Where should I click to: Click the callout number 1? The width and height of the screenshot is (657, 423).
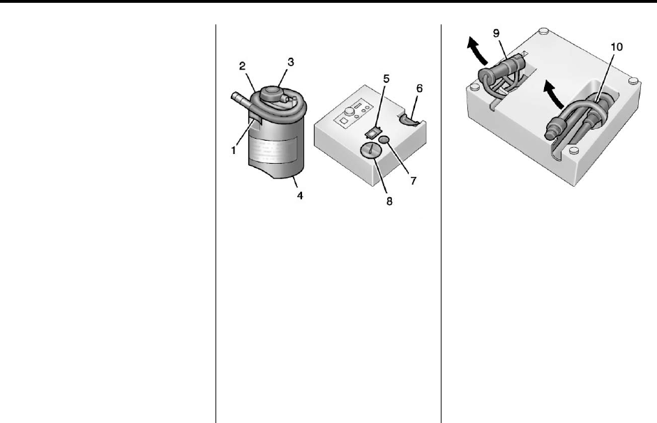tap(234, 151)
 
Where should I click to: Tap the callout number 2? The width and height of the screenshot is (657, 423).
tap(242, 66)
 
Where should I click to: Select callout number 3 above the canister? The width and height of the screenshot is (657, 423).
tap(291, 62)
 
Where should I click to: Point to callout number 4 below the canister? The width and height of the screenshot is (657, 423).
tap(300, 195)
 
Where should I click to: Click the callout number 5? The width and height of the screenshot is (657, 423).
tap(386, 79)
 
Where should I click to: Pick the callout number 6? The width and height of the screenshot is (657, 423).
tap(419, 89)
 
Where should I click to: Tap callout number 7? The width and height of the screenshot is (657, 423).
tap(414, 180)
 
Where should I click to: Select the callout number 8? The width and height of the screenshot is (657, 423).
tap(389, 201)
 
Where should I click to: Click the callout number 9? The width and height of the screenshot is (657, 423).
tap(497, 33)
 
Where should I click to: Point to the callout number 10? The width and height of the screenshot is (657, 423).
tap(617, 47)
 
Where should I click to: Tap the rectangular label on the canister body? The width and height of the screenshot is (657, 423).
tap(274, 150)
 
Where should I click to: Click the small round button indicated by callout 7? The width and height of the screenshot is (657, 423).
tap(385, 139)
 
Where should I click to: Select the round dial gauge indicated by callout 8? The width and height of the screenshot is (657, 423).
tap(370, 150)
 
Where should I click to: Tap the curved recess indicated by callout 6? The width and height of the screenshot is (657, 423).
tap(409, 119)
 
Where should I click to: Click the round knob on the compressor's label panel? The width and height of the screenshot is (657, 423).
tap(348, 111)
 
